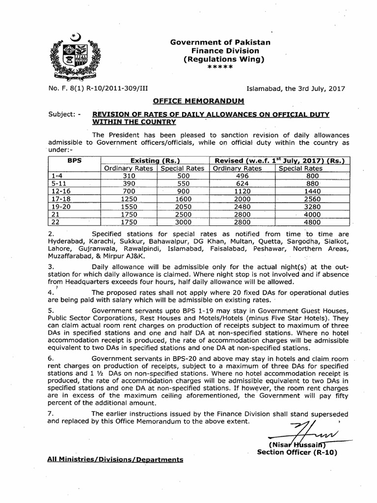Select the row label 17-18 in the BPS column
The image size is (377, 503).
[x=61, y=199]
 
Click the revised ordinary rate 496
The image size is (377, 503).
[x=242, y=175]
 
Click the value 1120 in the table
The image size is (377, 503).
[x=242, y=192]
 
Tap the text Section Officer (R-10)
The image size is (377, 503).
[x=297, y=452]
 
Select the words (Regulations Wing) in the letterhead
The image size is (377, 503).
[x=223, y=59]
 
